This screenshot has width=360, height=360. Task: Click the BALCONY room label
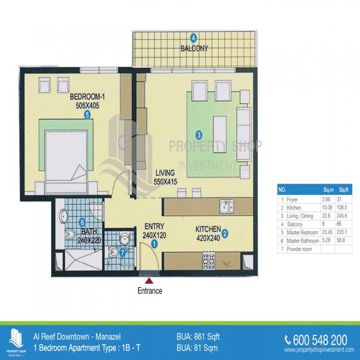point(194,49)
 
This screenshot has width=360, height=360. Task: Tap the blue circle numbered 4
point(194,38)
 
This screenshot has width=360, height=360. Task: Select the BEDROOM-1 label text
point(87,97)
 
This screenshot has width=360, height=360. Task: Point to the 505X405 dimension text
point(88,106)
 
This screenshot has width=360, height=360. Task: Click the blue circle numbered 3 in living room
point(199,135)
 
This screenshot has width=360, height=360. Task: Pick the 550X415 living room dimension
point(166,182)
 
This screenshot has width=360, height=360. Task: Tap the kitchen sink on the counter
point(226,206)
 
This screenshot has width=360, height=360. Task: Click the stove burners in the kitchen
point(208,261)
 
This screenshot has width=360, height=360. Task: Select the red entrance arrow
point(149,280)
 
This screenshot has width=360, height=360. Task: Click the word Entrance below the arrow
point(149,291)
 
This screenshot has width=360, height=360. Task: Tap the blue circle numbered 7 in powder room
point(122,253)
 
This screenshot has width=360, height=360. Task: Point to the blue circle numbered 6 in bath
point(82,222)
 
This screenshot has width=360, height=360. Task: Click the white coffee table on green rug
point(220,134)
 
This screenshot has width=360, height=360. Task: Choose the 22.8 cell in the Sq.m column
point(326,216)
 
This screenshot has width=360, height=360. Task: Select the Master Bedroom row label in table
point(302,232)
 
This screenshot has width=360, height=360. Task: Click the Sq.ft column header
point(344,190)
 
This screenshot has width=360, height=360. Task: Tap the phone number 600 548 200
point(320,340)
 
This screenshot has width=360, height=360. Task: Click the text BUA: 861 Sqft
point(198,337)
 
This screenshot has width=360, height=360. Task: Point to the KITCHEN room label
point(208,229)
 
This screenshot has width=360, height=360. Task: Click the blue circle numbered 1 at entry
point(155,244)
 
